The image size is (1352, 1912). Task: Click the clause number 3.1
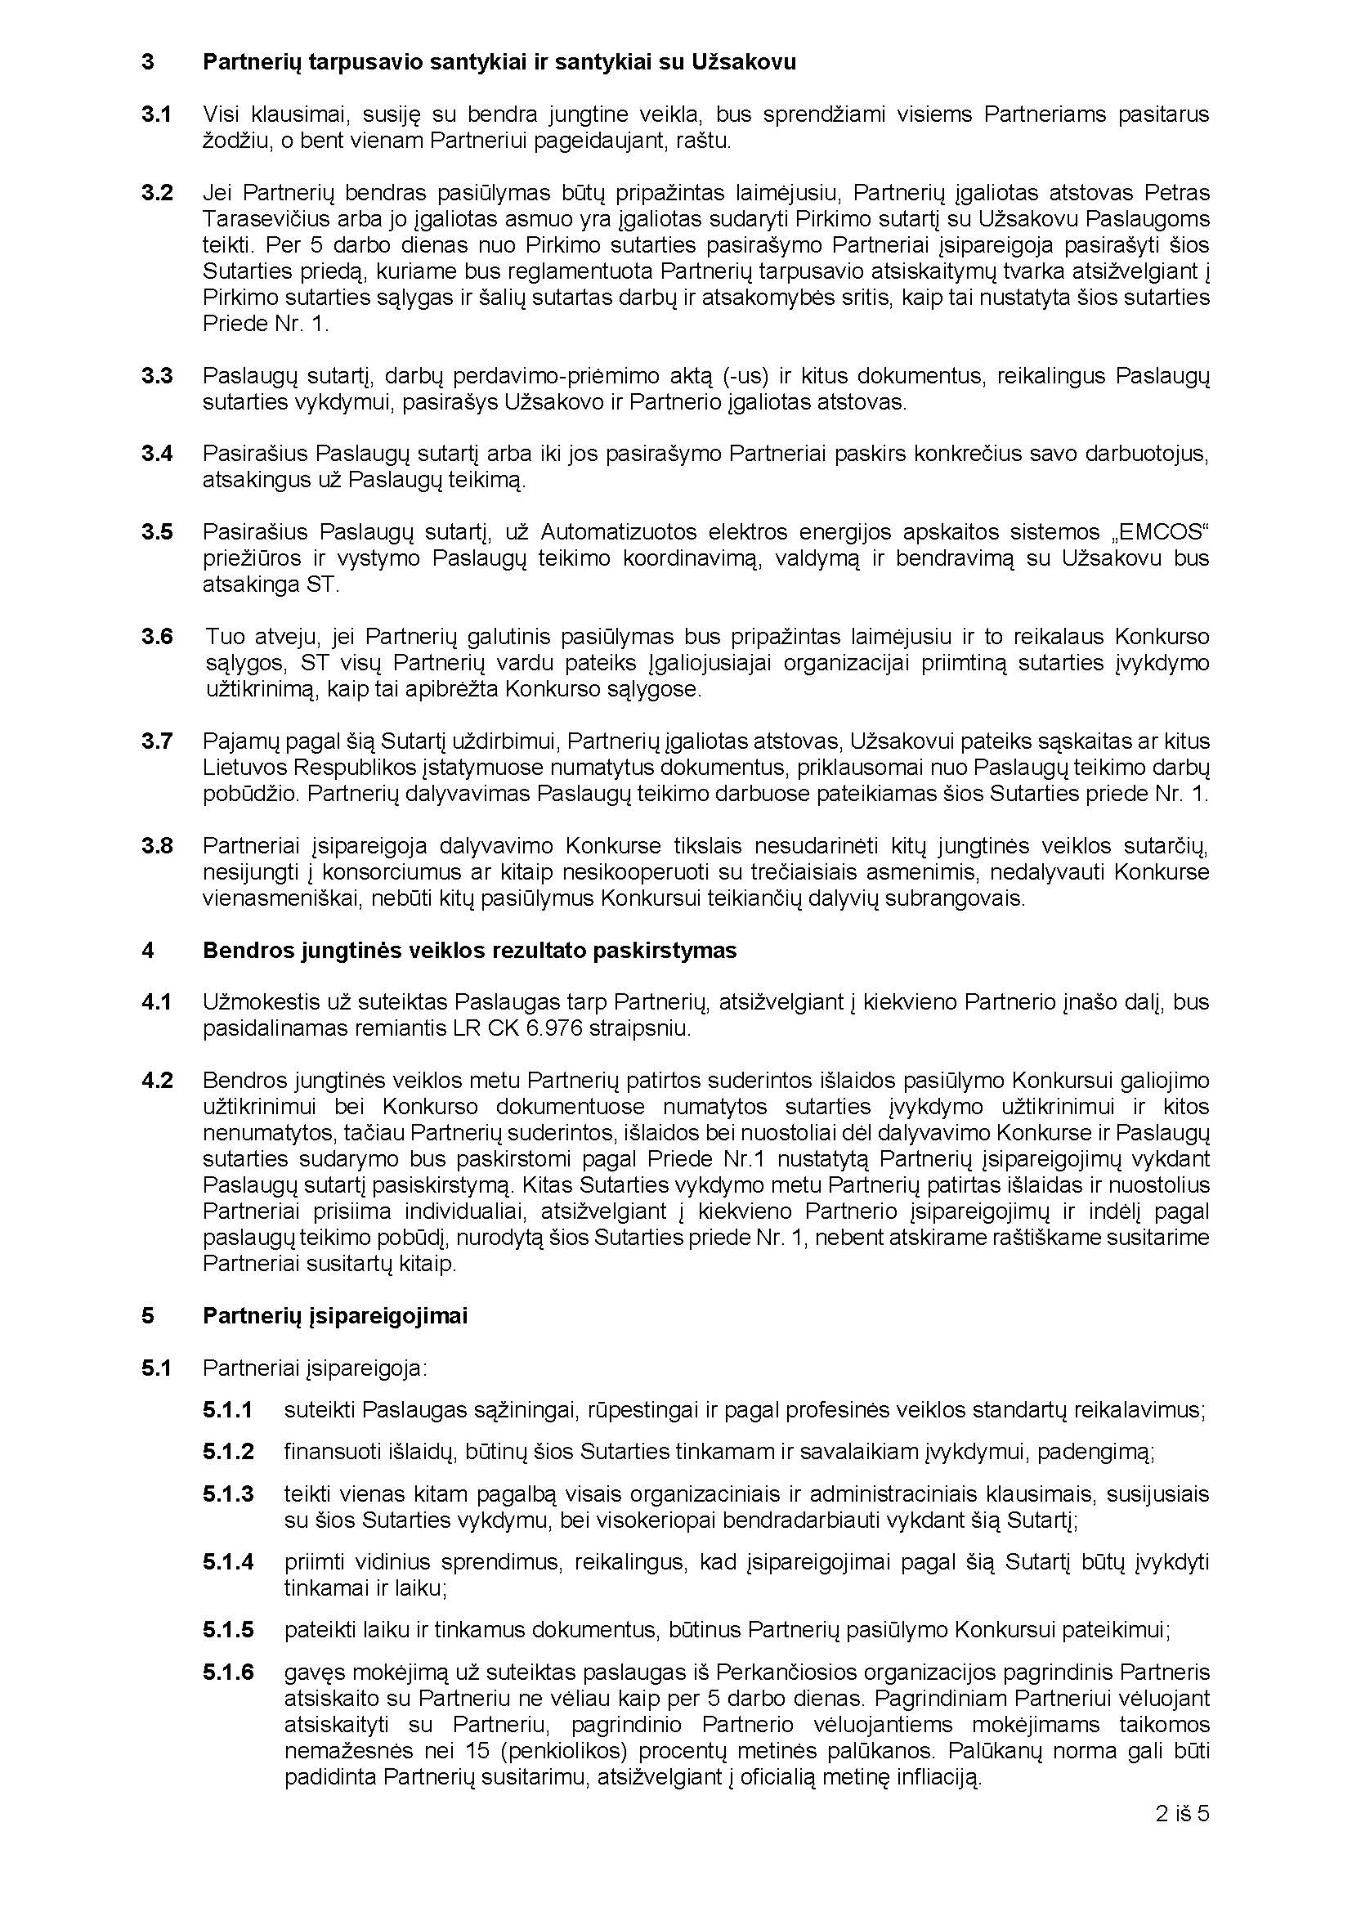[156, 114]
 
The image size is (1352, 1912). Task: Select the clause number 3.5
[156, 531]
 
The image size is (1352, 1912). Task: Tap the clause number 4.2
[156, 1080]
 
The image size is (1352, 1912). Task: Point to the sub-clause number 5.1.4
[228, 1561]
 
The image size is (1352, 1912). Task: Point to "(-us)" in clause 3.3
[745, 375]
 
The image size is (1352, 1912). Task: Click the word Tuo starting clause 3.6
[222, 637]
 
